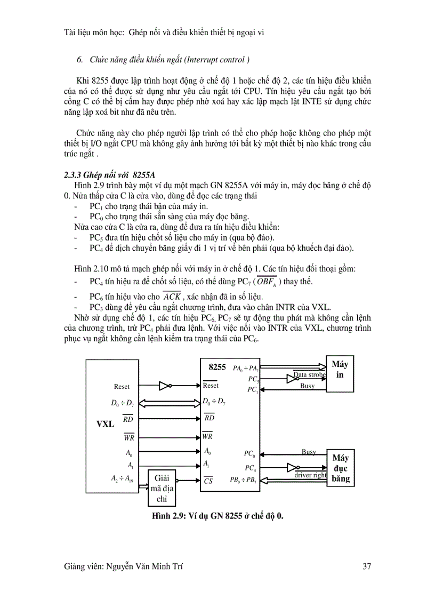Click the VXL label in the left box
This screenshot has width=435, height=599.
105,424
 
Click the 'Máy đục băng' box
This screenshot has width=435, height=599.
340,468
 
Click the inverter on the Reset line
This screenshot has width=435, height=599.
165,386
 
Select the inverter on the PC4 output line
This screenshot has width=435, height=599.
293,467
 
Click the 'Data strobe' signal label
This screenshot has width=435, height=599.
310,375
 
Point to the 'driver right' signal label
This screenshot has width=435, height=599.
311,475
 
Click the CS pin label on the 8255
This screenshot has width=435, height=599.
208,480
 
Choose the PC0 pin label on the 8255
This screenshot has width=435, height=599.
249,454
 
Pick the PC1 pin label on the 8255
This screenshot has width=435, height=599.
253,390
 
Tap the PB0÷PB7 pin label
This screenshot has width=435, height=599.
244,480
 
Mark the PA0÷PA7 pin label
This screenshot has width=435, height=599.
246,368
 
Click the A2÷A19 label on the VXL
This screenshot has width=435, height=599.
129,478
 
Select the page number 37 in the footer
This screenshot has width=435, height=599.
366,567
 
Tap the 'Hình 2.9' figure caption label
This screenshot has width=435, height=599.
168,516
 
